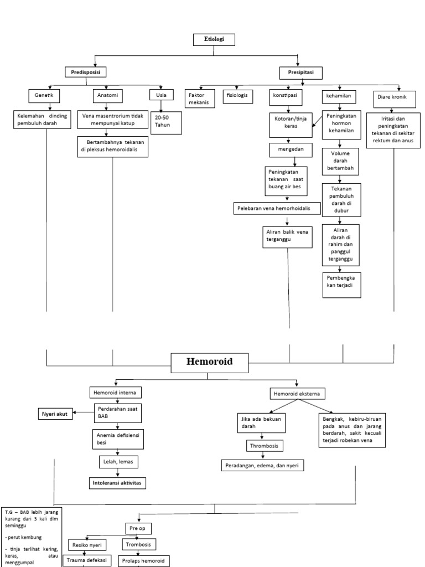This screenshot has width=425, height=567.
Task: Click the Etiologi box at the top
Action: click(x=214, y=40)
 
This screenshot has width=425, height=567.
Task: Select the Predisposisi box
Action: click(x=85, y=72)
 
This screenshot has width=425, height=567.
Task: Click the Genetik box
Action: click(x=44, y=96)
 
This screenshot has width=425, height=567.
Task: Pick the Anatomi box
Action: click(x=107, y=96)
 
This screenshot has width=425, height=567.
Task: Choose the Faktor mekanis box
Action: click(x=198, y=99)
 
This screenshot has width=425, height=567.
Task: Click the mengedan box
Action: click(x=291, y=150)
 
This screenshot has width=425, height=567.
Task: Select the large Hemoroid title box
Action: click(x=209, y=362)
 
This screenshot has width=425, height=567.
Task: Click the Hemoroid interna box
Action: click(x=116, y=392)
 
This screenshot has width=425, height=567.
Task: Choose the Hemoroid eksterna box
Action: click(x=297, y=394)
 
